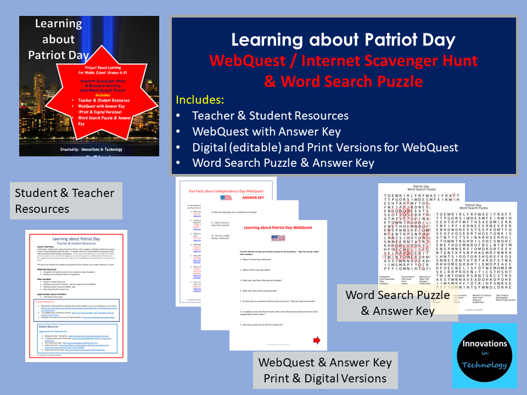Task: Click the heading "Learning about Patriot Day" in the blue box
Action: click(344, 40)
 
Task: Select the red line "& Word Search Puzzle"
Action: click(344, 81)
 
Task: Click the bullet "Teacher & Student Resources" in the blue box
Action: click(270, 116)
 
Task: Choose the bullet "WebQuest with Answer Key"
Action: click(266, 132)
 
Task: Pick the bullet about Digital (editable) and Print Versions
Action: click(325, 147)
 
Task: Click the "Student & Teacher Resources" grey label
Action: click(65, 201)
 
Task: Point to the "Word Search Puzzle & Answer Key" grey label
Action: click(397, 303)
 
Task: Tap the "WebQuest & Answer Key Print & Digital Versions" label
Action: click(325, 370)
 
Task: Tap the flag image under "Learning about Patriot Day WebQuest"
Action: click(278, 239)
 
